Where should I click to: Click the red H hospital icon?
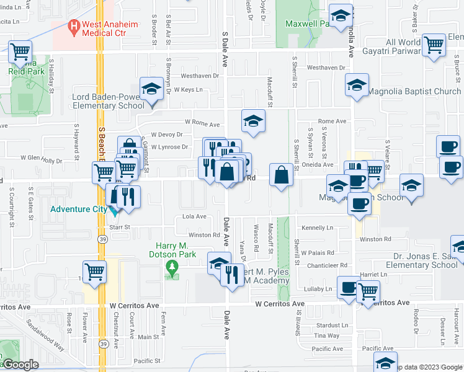tap(74, 27)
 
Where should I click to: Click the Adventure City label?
tap(79, 209)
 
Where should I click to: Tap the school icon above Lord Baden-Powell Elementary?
tap(151, 89)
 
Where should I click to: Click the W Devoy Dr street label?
tap(167, 134)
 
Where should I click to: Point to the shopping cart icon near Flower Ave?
tap(94, 271)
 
